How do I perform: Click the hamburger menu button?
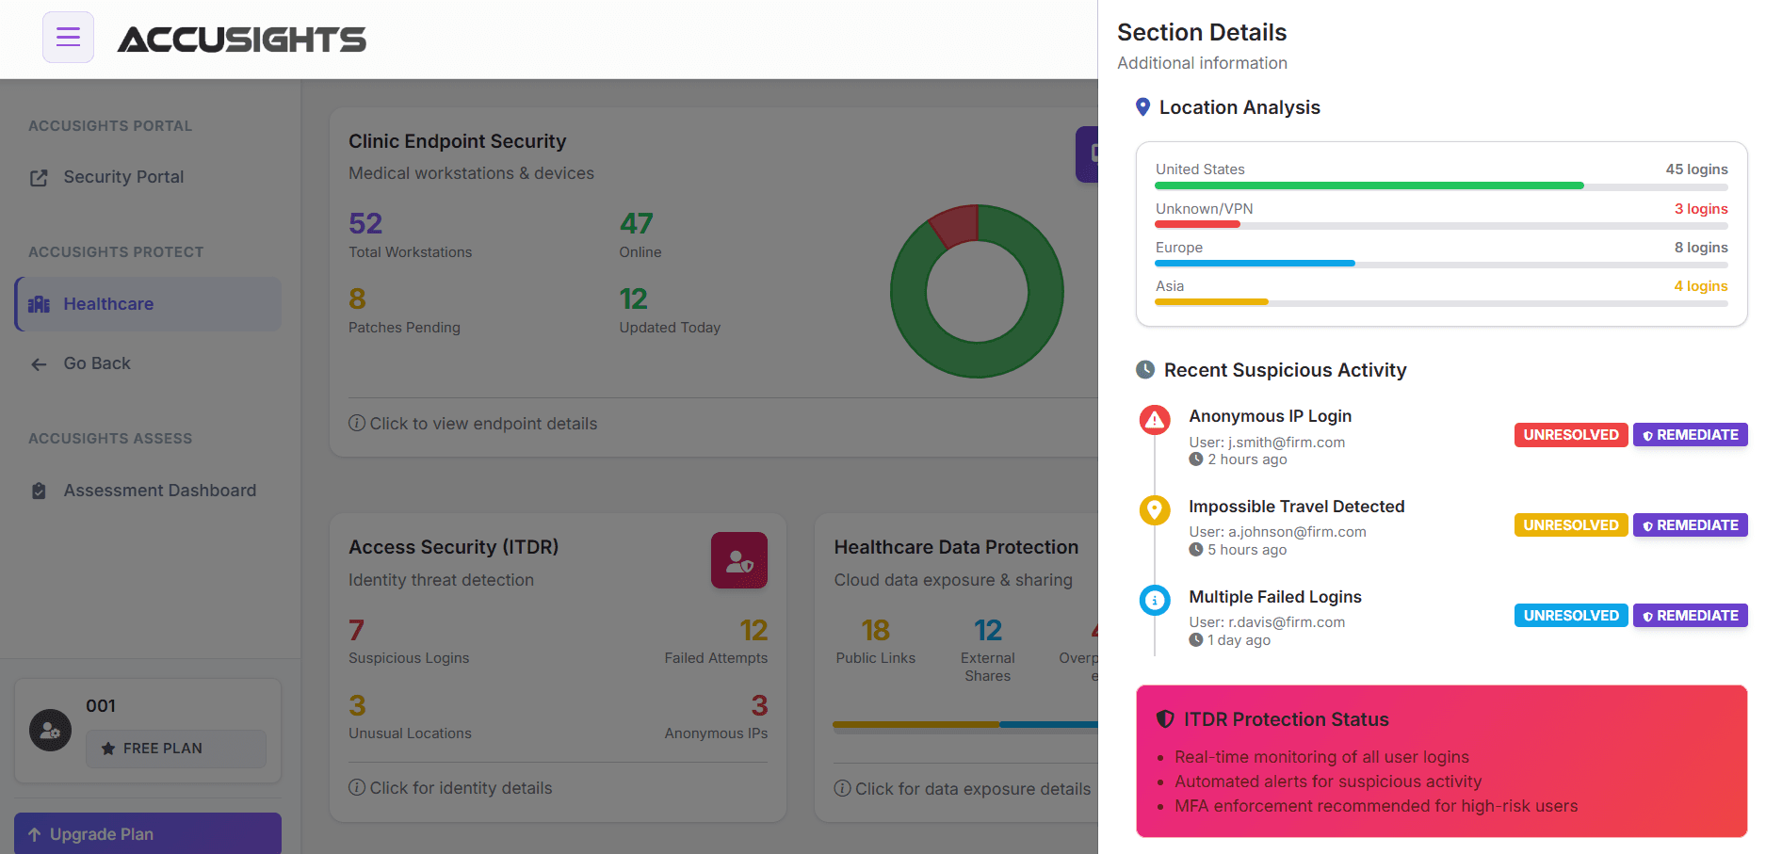[68, 38]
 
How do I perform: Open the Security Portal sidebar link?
[122, 177]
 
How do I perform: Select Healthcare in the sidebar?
[108, 304]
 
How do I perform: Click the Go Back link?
[96, 363]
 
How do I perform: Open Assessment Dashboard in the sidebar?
[159, 491]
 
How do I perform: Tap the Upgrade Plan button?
[147, 834]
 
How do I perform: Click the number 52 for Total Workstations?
[365, 223]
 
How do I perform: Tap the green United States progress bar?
[1369, 186]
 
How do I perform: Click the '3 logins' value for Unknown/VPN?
[1700, 209]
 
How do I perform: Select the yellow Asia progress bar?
[1211, 302]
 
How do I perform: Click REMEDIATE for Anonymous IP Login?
[1690, 435]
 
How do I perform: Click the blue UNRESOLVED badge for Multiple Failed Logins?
[1570, 616]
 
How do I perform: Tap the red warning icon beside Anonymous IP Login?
[1155, 420]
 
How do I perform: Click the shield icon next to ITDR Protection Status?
[1165, 719]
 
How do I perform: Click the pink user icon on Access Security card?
[738, 561]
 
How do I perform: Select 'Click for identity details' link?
[460, 788]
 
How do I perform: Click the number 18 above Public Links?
[875, 630]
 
